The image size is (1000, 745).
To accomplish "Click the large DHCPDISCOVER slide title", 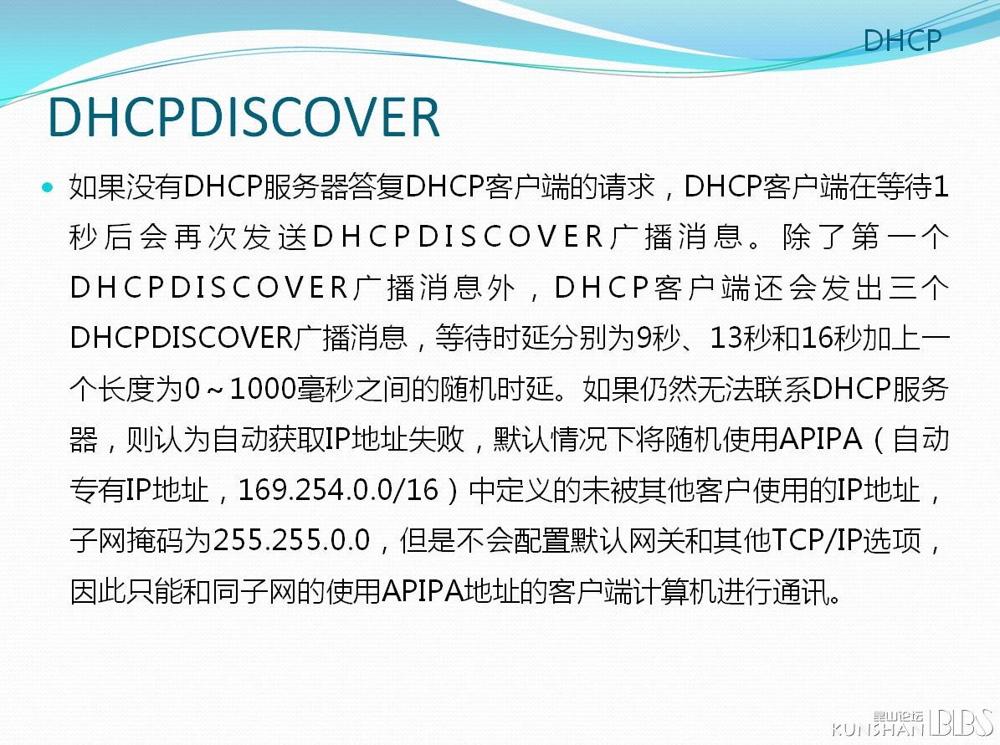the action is click(x=244, y=117).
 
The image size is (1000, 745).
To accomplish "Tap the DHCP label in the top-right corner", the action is click(x=902, y=41).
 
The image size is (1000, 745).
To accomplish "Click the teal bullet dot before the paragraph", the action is click(x=48, y=187).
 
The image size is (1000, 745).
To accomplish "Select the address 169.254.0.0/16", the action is click(x=339, y=490).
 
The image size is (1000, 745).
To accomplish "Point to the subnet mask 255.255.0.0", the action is click(x=291, y=541).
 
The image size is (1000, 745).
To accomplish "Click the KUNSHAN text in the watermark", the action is click(x=878, y=729).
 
